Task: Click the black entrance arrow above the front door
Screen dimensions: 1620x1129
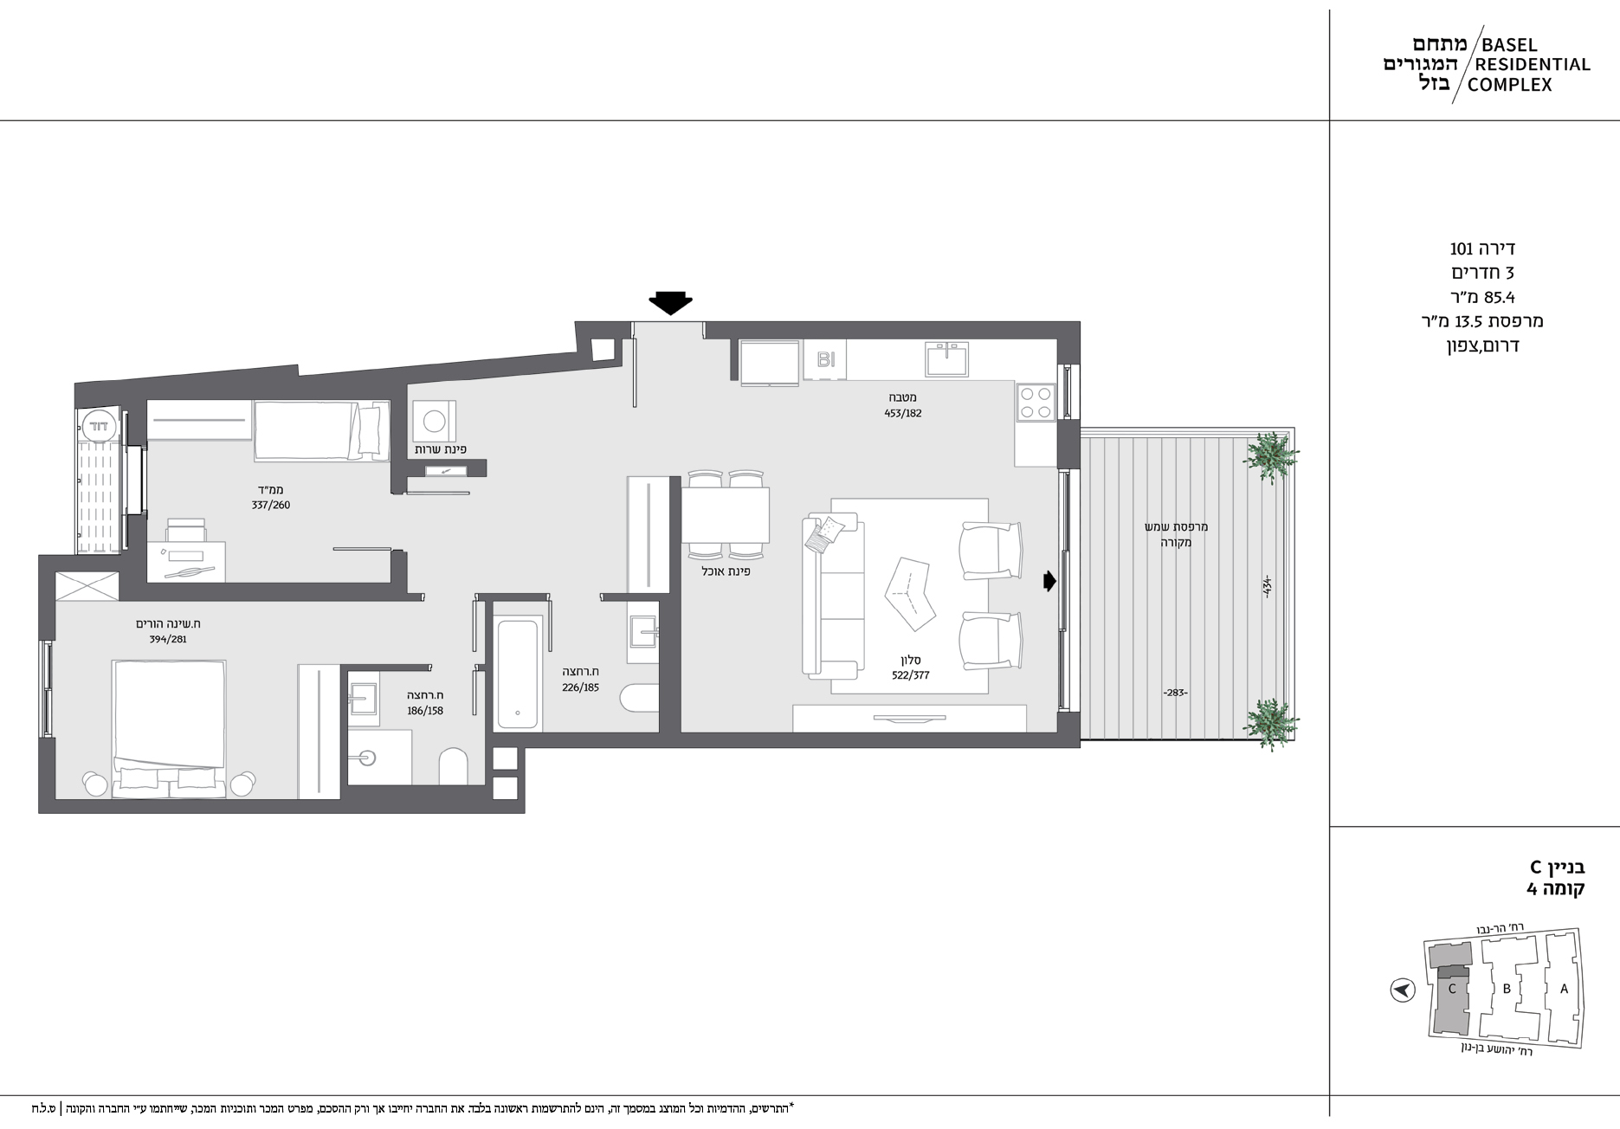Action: [670, 303]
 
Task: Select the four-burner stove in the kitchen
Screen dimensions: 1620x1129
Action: [1036, 401]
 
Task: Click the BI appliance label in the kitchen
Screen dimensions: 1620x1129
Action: [826, 359]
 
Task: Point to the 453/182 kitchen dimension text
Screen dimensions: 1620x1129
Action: [903, 413]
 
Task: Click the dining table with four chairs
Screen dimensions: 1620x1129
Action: [726, 515]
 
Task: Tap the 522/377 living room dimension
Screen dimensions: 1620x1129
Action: [910, 675]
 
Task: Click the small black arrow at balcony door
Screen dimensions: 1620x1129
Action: [1050, 581]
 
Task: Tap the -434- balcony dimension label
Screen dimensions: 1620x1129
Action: [1267, 586]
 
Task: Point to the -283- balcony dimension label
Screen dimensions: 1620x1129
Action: [1175, 693]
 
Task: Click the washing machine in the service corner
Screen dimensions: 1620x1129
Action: [435, 422]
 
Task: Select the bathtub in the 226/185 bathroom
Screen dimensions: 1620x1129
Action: [519, 673]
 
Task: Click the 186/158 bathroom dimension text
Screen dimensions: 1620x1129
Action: [425, 711]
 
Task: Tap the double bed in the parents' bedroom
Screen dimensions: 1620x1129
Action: [170, 727]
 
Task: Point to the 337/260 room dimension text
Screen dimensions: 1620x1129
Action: [271, 505]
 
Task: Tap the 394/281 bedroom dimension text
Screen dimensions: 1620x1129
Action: [168, 640]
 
